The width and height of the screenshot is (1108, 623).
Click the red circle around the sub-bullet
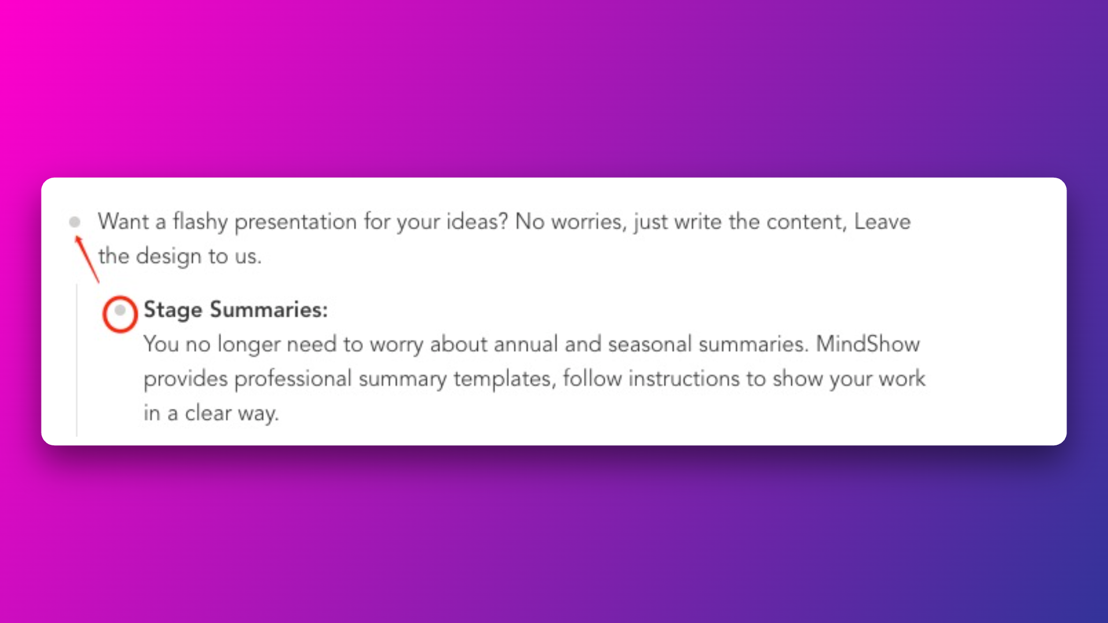point(104,314)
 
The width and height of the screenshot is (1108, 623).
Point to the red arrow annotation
point(87,259)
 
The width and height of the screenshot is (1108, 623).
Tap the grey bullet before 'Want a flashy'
point(74,222)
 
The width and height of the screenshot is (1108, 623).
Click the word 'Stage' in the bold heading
point(173,310)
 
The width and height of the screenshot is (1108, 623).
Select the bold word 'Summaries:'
point(269,310)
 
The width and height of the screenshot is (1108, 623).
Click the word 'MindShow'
point(868,344)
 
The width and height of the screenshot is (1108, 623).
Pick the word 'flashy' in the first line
point(200,222)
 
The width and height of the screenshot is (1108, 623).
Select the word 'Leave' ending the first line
point(882,222)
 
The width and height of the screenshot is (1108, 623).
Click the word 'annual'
point(525,344)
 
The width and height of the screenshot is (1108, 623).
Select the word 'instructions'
point(684,378)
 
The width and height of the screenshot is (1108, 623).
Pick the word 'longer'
point(248,345)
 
